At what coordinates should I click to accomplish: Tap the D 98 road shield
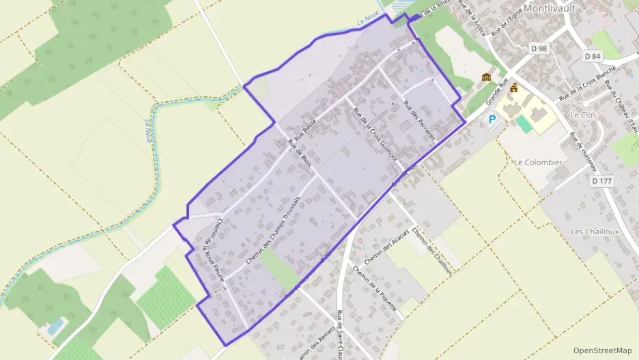(539, 48)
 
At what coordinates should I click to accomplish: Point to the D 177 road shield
(601, 180)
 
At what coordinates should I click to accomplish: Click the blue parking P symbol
(492, 120)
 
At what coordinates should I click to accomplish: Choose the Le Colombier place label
(539, 163)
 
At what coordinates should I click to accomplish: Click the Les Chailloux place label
(595, 232)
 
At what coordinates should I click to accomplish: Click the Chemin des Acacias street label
(386, 247)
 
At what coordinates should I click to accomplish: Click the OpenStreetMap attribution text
(603, 350)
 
